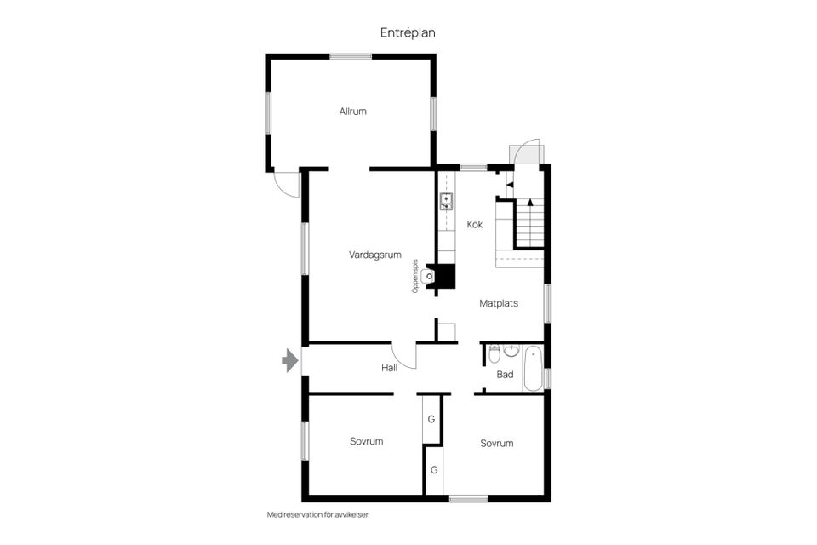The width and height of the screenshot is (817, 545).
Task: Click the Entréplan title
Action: [x=408, y=33]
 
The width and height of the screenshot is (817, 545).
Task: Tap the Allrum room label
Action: [x=352, y=111]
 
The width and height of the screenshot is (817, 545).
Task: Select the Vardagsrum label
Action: [x=375, y=255]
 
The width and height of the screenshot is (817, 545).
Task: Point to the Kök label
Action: [x=475, y=224]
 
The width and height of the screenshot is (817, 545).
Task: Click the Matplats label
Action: [x=499, y=303]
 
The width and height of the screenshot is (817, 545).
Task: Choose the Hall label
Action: [x=389, y=368]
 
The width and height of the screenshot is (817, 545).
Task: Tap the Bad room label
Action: [x=505, y=374]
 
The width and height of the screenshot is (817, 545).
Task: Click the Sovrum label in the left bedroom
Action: [x=366, y=441]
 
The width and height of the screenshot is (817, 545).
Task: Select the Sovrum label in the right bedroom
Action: [x=496, y=444]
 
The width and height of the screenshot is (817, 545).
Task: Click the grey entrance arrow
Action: [x=289, y=360]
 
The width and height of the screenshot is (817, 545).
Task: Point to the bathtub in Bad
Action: [x=533, y=370]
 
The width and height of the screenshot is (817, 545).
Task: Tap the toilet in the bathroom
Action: [x=494, y=354]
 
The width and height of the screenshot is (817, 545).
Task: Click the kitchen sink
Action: [x=447, y=201]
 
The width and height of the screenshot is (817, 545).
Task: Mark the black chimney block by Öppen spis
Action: [x=446, y=276]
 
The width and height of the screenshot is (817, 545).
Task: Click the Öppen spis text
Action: [x=415, y=277]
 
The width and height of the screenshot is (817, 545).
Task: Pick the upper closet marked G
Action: [x=431, y=419]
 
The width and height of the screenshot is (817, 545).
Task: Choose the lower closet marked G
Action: [x=434, y=470]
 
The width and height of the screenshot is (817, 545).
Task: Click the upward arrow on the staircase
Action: [x=530, y=203]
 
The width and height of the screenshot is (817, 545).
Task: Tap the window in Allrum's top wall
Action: [x=351, y=56]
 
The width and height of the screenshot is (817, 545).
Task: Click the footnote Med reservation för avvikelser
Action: [x=318, y=514]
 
